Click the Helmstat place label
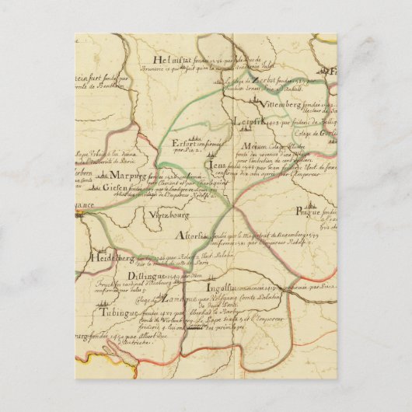coord(169,63)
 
